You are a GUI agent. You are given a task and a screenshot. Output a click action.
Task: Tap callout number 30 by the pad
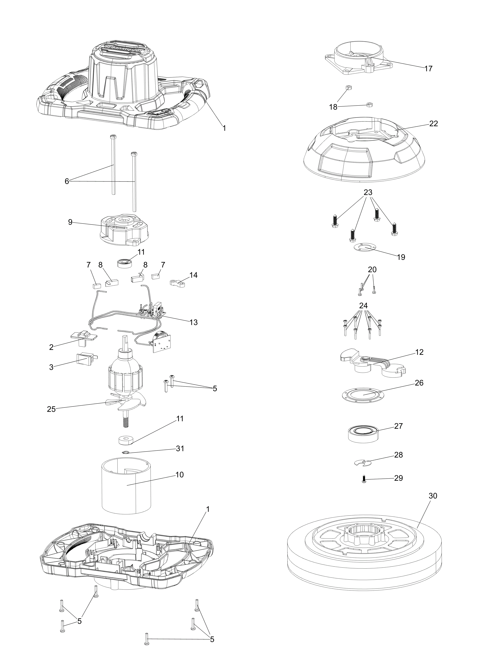click(433, 496)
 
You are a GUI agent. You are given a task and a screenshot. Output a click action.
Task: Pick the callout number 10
click(180, 475)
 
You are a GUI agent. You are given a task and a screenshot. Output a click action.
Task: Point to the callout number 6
click(67, 182)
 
